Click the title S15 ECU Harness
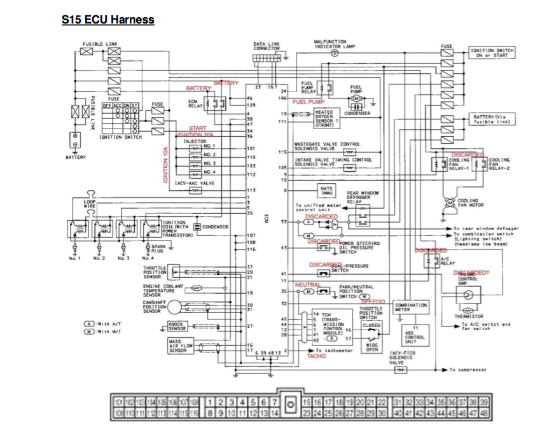108,20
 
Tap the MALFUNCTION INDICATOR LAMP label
333,44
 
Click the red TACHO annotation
316,356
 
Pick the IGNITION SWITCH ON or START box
492,52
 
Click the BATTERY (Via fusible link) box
492,120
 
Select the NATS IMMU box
327,190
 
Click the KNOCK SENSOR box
177,327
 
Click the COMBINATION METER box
412,307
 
